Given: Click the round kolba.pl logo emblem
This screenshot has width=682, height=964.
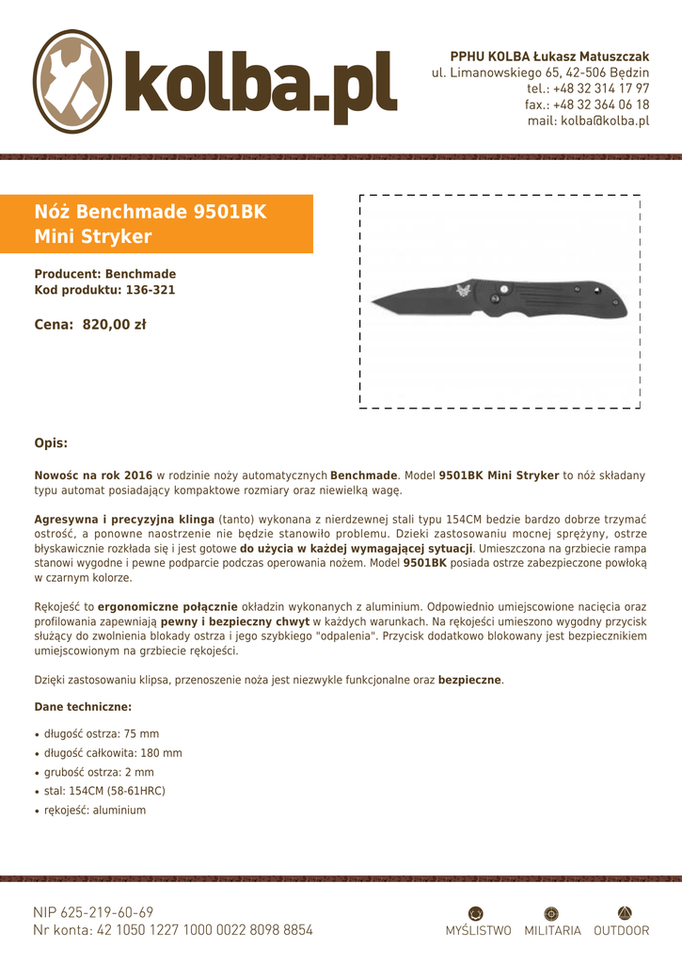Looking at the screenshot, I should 72,82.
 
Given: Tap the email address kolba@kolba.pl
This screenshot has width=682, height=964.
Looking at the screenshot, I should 588,120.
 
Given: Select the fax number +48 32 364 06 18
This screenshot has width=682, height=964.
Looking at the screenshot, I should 587,104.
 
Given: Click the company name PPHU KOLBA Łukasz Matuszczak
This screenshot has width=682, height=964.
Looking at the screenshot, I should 549,57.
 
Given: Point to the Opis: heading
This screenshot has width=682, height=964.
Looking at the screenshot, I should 51,442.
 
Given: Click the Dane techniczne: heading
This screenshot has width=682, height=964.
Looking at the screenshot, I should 83,706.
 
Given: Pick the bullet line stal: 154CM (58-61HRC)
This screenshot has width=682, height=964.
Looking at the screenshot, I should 104,791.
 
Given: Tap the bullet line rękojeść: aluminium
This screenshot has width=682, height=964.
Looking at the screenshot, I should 95,810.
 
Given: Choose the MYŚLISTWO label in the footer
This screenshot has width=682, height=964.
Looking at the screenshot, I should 478,931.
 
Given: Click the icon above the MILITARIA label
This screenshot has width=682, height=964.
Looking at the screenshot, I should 552,912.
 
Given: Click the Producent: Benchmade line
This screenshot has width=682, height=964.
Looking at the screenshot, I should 104,274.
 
